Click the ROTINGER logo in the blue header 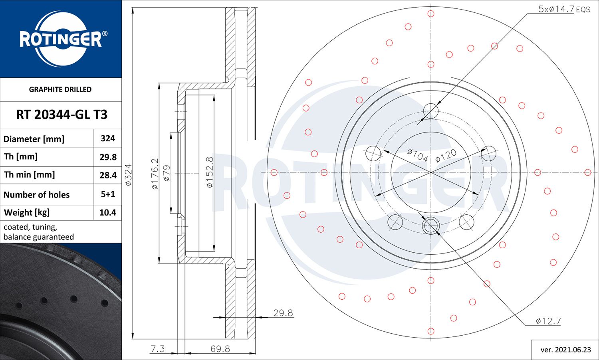[x=61, y=39]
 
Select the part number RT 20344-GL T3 [x=61, y=115]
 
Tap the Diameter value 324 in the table [x=108, y=138]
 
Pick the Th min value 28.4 [x=108, y=175]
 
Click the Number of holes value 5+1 [x=108, y=194]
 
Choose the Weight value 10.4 [x=108, y=212]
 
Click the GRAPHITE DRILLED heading [x=60, y=89]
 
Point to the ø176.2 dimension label [x=155, y=174]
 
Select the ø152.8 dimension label [x=210, y=172]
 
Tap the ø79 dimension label [x=167, y=173]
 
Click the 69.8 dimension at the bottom [x=220, y=349]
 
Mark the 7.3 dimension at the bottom [x=157, y=349]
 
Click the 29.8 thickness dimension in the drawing [x=283, y=313]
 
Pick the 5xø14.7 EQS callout [x=564, y=9]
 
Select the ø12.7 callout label [x=548, y=321]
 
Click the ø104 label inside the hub [x=417, y=155]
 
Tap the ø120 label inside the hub [x=446, y=156]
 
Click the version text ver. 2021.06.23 [x=565, y=350]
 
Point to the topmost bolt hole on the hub [x=431, y=111]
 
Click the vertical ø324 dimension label [x=128, y=174]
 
